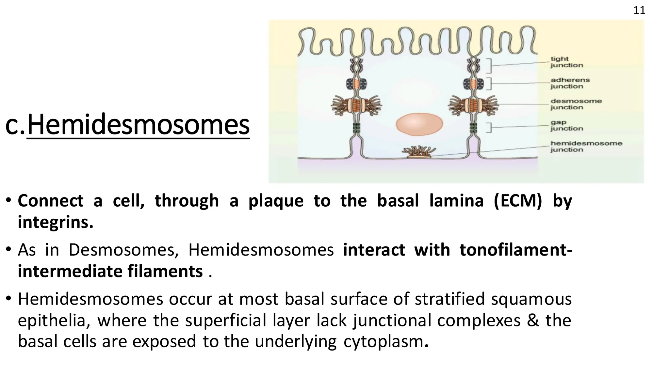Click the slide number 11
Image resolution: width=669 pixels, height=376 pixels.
point(639,10)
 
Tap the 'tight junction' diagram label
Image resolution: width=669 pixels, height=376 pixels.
point(566,62)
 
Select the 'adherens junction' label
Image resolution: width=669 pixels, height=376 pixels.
point(570,83)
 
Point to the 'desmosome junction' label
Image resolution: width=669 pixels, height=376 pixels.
point(576,104)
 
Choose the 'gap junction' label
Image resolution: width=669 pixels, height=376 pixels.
point(566,125)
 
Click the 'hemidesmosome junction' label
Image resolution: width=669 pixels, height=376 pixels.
point(586,147)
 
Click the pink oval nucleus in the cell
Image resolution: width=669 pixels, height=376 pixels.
point(419,124)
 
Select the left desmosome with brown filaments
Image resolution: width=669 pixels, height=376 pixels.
point(356,105)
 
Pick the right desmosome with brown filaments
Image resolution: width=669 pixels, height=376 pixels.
point(473,105)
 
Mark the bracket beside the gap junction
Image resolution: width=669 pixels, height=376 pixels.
point(489,127)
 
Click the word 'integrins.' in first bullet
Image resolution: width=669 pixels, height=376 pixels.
point(56,222)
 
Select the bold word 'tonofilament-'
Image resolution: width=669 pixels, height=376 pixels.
point(515,250)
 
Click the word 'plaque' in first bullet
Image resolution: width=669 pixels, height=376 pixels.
point(276,200)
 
